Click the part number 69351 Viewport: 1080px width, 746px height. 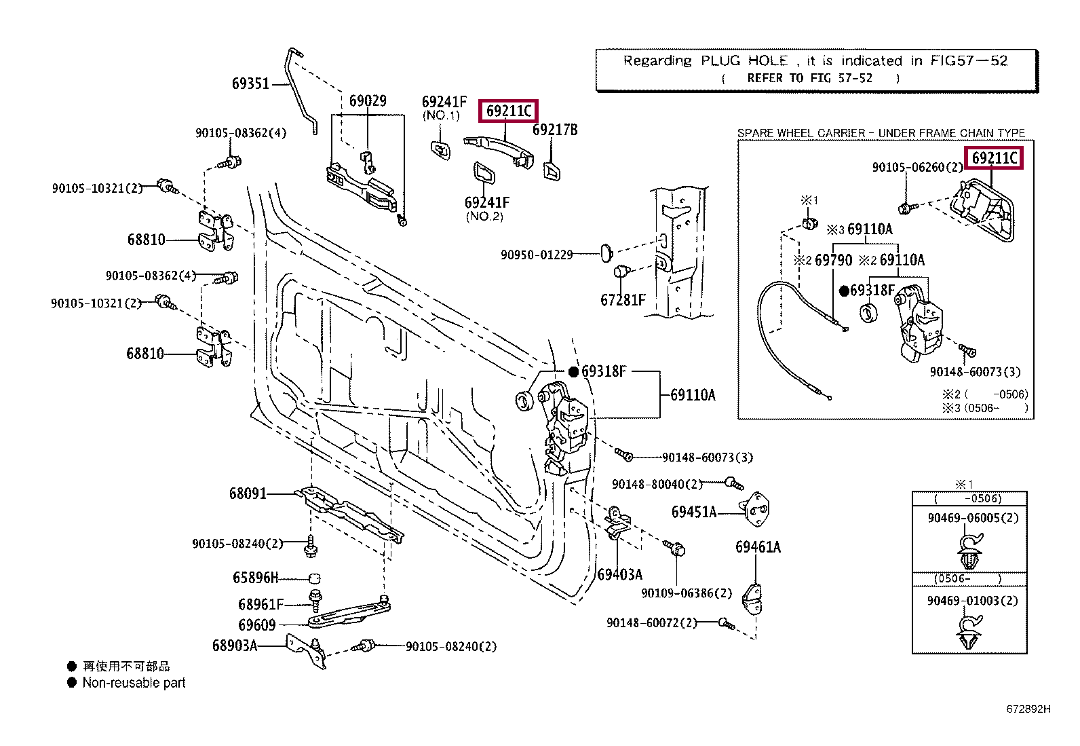250,83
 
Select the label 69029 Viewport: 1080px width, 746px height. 368,101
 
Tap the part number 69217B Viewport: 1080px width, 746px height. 555,130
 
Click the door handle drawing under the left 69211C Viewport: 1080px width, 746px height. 499,151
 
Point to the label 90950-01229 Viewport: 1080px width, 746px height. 537,255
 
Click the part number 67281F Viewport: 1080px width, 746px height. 623,300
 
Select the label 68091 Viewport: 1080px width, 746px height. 248,493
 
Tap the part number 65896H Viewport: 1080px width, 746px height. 256,578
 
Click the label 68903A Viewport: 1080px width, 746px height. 235,646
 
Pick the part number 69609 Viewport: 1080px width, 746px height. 257,625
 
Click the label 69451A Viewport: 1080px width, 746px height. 694,512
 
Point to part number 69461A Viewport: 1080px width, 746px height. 758,547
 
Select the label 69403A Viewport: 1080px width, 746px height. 619,575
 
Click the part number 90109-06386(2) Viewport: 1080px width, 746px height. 687,593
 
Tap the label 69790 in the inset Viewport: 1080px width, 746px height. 834,261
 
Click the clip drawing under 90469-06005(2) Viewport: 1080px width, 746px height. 970,552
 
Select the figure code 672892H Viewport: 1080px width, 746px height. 1028,709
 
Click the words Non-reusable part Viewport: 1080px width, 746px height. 134,683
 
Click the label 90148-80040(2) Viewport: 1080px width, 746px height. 657,484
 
